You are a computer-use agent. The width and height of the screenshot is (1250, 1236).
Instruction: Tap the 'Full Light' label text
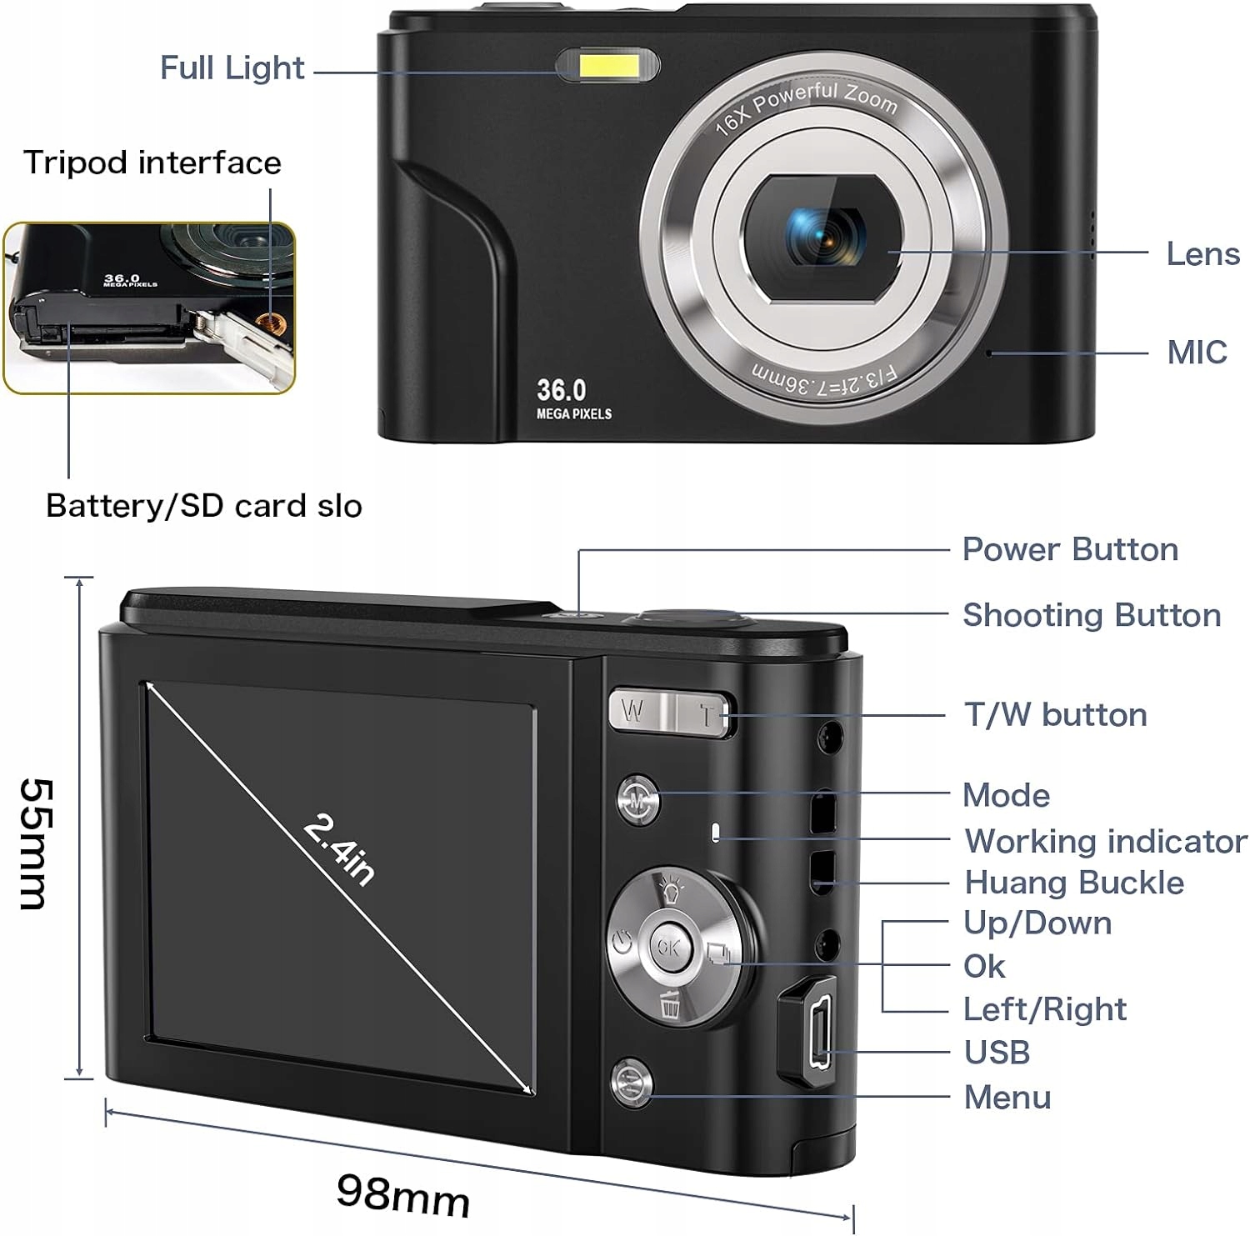point(232,68)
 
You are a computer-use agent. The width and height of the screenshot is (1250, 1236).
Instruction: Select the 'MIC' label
point(1197,353)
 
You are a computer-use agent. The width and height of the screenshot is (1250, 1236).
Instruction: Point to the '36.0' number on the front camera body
point(561,390)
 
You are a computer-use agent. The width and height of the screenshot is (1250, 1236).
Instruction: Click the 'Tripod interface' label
point(152,163)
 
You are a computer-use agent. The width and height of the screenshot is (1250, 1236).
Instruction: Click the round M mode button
point(638,799)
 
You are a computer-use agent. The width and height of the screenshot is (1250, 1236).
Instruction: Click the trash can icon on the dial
point(670,1005)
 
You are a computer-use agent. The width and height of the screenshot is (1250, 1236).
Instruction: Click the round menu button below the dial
point(632,1082)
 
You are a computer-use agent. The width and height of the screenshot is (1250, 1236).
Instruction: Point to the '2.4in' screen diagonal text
point(338,850)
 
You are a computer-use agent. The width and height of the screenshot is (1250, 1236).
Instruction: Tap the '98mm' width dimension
point(403,1195)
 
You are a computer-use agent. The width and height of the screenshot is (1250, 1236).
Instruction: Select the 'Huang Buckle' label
point(1073,883)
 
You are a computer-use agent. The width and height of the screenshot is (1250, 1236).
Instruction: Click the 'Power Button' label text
point(1070,550)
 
